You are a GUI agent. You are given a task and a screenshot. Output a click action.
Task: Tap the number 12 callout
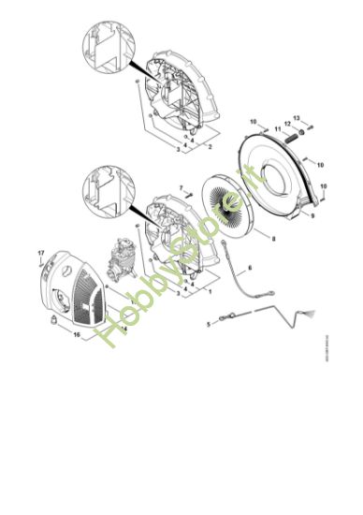click(x=286, y=124)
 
